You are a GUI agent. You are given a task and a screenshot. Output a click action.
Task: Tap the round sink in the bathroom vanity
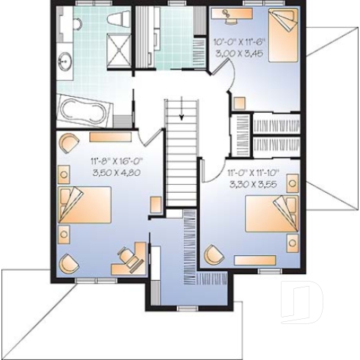click(63, 61)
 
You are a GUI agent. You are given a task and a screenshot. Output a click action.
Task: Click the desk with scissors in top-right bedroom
click(235, 13)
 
